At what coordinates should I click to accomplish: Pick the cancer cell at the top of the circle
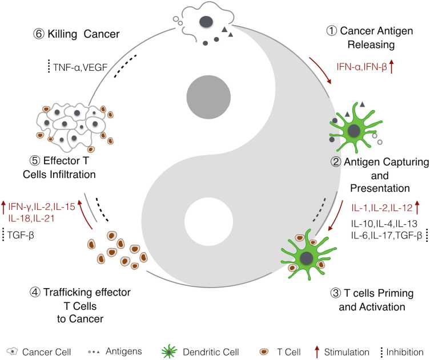(x=203, y=24)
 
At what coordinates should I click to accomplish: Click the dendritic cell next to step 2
(x=354, y=131)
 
